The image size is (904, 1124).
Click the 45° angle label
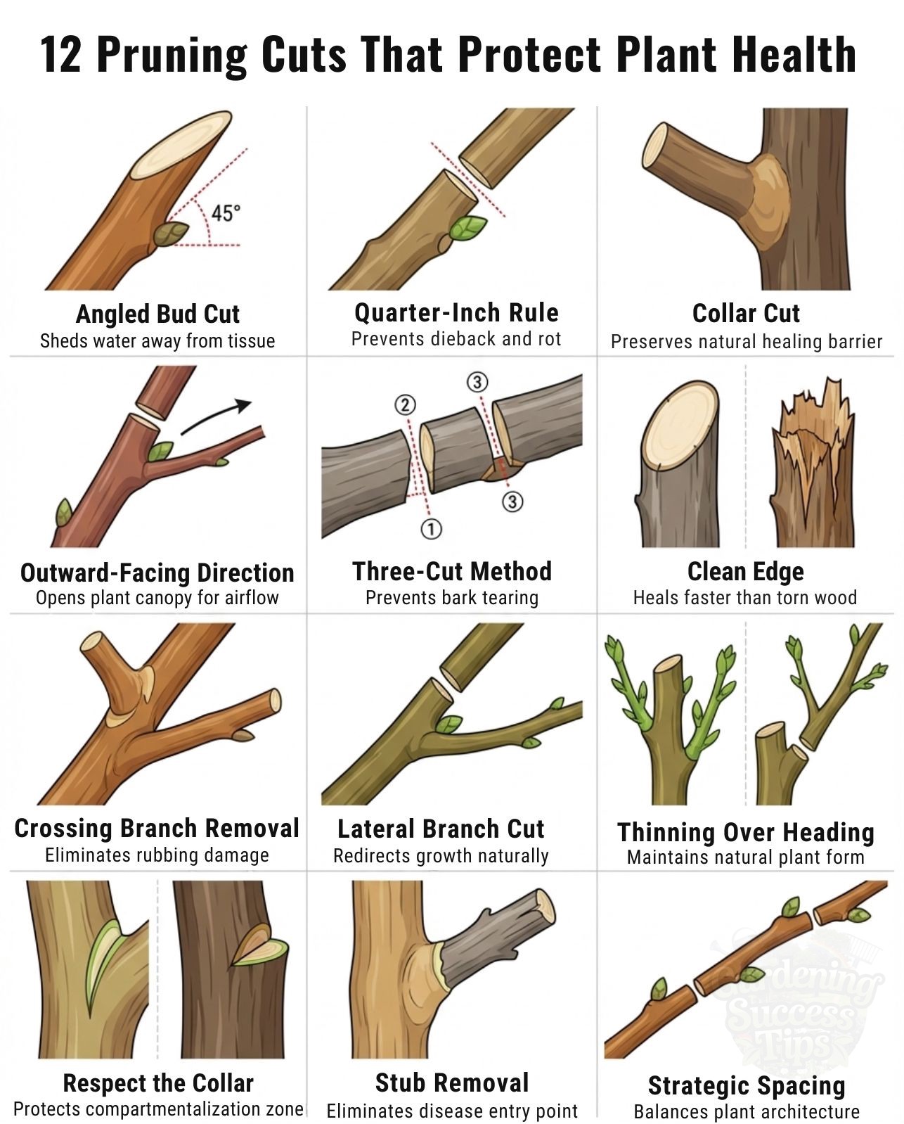click(226, 213)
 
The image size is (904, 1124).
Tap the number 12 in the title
click(60, 55)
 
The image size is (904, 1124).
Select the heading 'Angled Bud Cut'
click(157, 314)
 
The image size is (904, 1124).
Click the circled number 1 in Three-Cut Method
click(431, 529)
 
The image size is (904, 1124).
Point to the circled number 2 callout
click(405, 404)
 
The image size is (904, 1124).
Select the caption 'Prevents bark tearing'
click(452, 598)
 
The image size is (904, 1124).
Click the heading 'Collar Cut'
click(746, 314)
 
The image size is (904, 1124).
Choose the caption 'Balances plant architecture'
click(747, 1111)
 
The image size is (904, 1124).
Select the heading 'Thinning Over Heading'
click(746, 833)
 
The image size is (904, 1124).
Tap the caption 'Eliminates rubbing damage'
click(157, 855)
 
